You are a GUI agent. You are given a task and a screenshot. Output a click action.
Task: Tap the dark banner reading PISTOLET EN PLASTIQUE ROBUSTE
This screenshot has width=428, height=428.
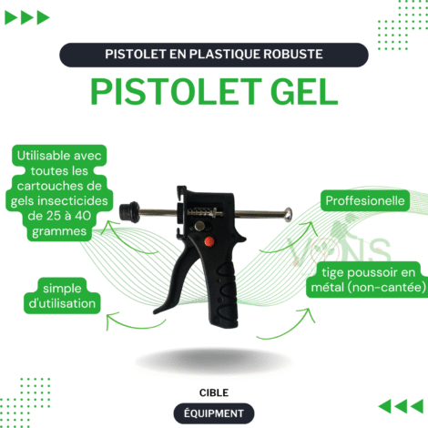pos(213,55)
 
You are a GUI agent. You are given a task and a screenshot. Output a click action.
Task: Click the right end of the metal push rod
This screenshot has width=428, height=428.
pos(289,215)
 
